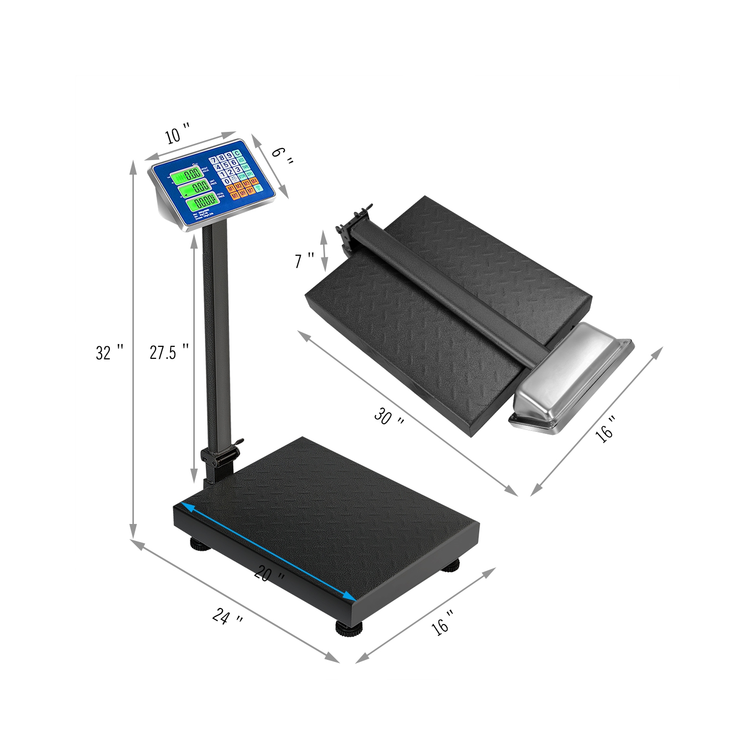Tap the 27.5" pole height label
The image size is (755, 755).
(170, 352)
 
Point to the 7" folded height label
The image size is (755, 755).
(304, 261)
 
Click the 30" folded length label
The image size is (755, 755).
(389, 417)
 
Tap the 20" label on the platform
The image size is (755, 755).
(270, 575)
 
